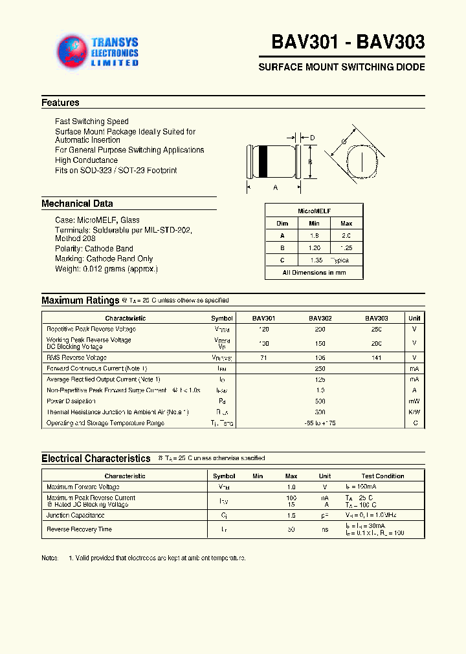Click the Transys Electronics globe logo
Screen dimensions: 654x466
coord(72,51)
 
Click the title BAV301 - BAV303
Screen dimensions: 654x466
coord(348,42)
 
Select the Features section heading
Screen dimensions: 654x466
coord(60,103)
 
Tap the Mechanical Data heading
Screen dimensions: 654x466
coord(77,204)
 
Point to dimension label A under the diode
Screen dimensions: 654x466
coord(275,187)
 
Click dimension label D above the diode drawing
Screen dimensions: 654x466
coord(312,138)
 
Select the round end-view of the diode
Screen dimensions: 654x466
coord(361,161)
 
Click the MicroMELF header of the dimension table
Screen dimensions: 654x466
coord(314,211)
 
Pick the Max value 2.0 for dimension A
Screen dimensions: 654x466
coord(346,236)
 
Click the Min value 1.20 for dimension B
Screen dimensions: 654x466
coord(314,248)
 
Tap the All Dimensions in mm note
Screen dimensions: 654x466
coord(314,273)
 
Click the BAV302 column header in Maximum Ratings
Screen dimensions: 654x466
coord(320,318)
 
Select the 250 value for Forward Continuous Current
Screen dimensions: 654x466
coord(320,368)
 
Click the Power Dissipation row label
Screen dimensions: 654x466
coord(71,401)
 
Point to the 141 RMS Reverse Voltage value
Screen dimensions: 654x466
coord(377,357)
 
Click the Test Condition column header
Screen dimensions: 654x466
coord(383,476)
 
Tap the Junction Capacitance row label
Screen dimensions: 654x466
coord(75,516)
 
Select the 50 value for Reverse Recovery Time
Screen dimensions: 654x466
coord(291,529)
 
